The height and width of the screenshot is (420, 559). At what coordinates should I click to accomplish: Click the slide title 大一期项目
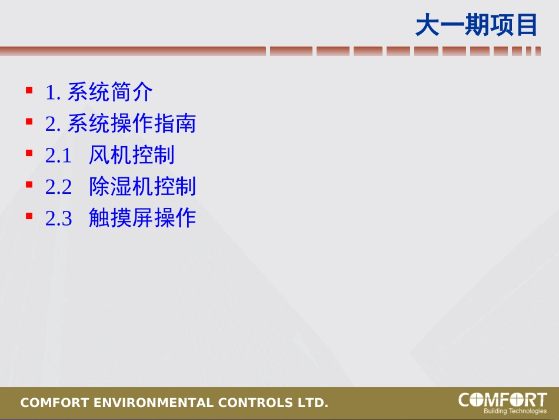(477, 25)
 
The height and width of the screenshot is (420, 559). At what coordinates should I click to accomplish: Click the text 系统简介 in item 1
(110, 92)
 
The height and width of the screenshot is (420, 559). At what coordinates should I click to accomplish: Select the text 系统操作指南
(131, 124)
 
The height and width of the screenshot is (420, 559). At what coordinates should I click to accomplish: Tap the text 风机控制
(131, 155)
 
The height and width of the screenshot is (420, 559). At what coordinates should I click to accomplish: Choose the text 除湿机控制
(142, 187)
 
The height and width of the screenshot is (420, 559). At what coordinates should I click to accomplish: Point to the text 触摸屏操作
(142, 218)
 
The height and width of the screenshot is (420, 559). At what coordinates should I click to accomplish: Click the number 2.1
(58, 156)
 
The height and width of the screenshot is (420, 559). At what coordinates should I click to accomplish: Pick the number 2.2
(58, 187)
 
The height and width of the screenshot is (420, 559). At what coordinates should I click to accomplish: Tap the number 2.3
(58, 219)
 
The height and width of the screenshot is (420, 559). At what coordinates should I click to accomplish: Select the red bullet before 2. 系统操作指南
(29, 122)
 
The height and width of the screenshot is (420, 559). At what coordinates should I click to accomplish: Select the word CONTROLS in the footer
(255, 404)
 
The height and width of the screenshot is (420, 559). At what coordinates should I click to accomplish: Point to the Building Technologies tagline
(515, 411)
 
